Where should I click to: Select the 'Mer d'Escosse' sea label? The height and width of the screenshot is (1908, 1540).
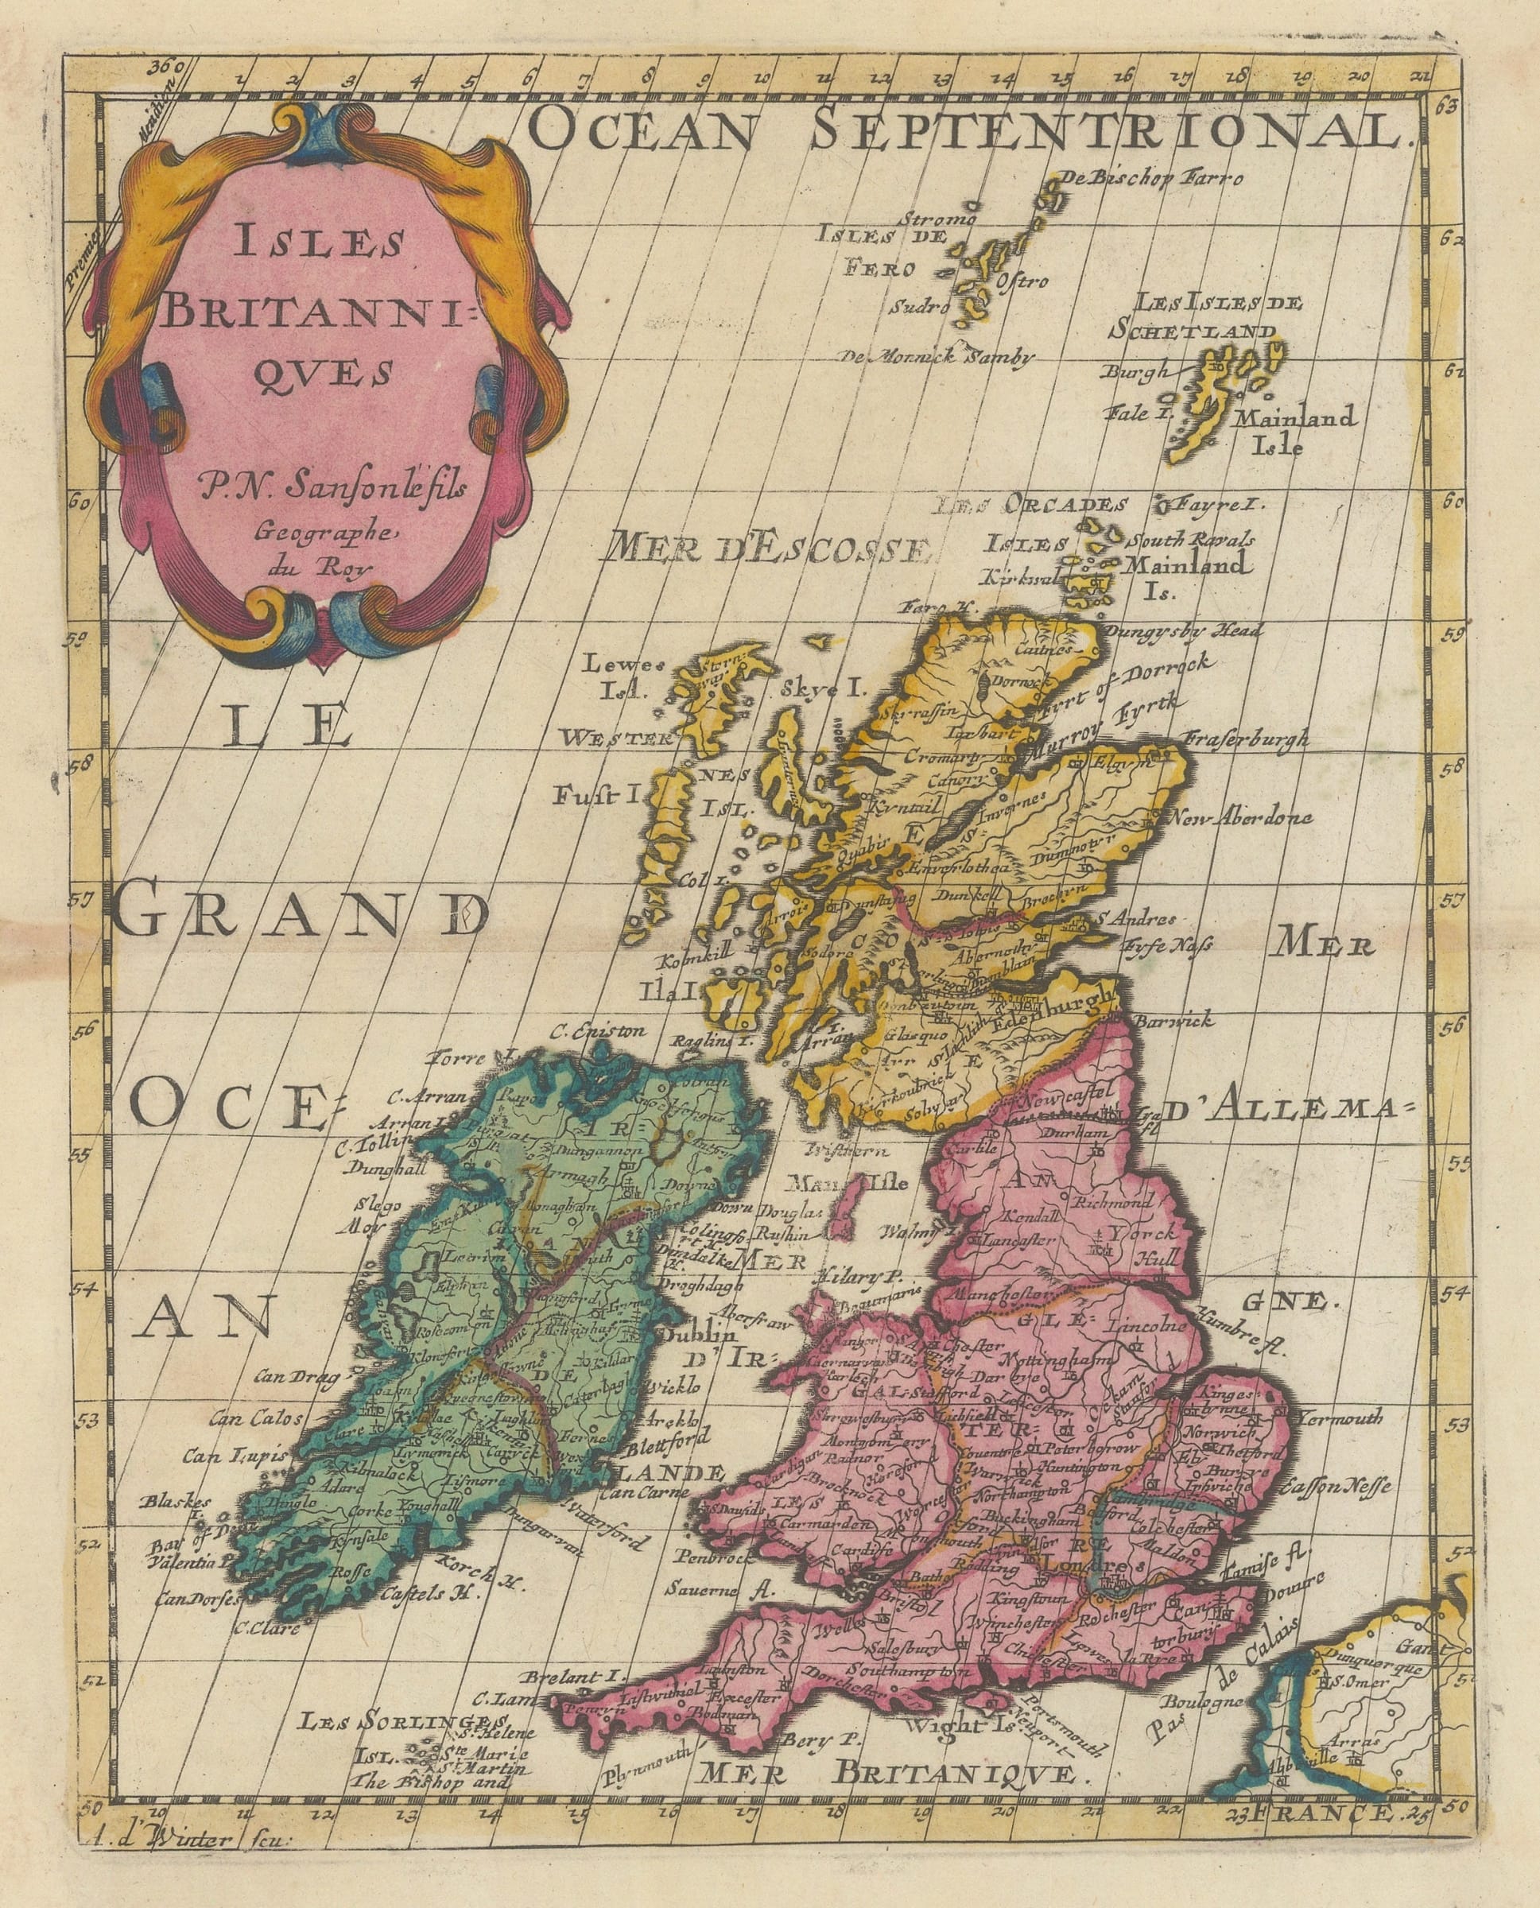(766, 549)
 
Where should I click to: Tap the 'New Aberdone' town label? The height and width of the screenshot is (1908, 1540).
(1241, 818)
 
